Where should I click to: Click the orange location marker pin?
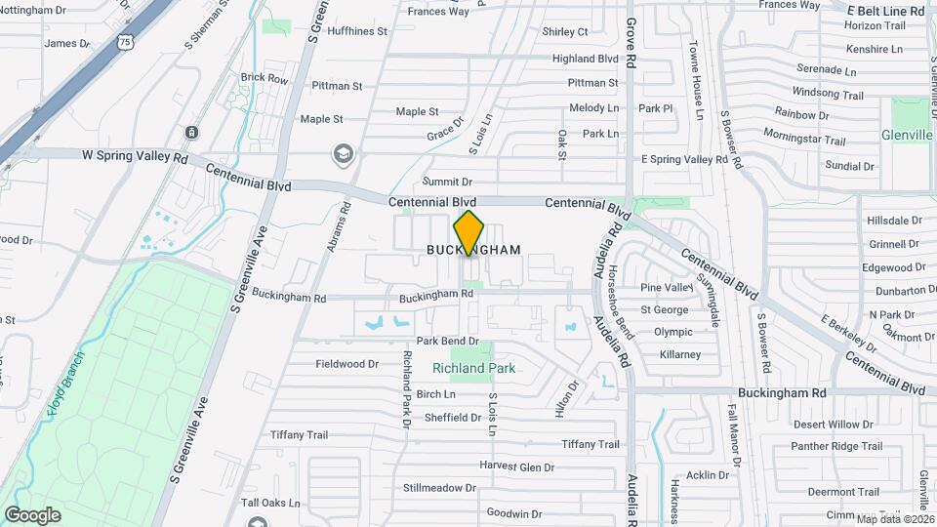[469, 232]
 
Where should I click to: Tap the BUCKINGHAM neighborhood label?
[473, 251]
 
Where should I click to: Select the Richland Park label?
[473, 369]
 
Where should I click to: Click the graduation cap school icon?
[343, 153]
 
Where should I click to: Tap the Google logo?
[32, 515]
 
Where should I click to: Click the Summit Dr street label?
[447, 182]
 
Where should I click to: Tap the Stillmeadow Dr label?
[439, 487]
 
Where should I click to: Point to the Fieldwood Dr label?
[346, 364]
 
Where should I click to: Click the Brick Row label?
[264, 78]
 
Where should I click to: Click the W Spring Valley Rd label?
[135, 155]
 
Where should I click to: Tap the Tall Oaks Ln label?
[270, 503]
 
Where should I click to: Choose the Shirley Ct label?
[565, 32]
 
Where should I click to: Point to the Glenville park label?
[906, 135]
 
